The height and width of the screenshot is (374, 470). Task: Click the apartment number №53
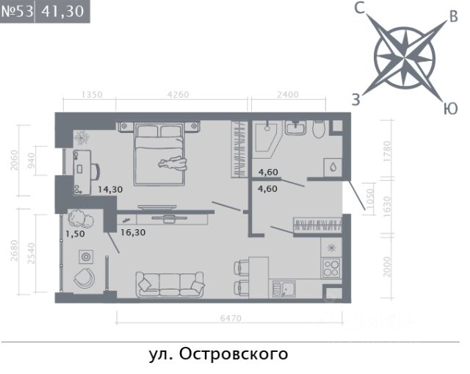(17, 12)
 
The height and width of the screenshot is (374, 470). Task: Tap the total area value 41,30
(62, 12)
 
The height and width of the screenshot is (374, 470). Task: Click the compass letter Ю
(450, 108)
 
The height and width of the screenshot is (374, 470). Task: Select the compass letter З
(355, 100)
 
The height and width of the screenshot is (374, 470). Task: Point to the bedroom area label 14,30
(110, 190)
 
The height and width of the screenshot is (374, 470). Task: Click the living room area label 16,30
(133, 232)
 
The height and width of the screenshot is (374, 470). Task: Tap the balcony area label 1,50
(75, 234)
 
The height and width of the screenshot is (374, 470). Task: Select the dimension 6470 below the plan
(231, 318)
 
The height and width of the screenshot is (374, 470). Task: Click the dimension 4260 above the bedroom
(178, 95)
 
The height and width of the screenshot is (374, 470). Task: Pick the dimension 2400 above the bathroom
(288, 95)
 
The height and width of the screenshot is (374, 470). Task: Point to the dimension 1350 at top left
(92, 95)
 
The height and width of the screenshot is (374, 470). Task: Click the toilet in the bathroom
(318, 129)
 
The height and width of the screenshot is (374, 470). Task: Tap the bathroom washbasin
(295, 128)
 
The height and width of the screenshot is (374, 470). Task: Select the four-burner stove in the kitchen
(331, 268)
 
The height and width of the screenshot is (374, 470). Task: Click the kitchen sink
(283, 289)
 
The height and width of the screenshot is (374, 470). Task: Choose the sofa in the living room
(170, 284)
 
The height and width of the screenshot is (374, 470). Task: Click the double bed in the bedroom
(159, 154)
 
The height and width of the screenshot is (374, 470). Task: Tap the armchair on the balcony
(84, 278)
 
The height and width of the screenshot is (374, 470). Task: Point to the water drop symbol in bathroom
(333, 167)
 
